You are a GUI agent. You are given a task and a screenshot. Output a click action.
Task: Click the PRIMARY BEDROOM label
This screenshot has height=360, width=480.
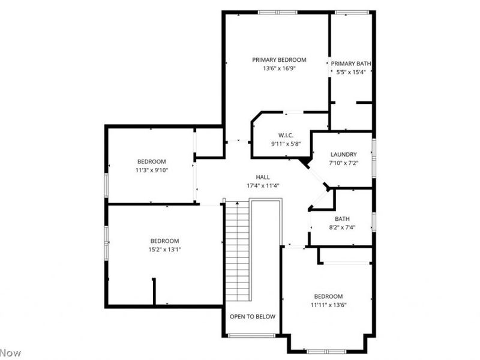(x=279, y=59)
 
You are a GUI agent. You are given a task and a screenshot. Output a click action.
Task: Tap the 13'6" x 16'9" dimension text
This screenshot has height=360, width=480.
(x=279, y=68)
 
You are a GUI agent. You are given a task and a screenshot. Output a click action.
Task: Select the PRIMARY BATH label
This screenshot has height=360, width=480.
(x=351, y=63)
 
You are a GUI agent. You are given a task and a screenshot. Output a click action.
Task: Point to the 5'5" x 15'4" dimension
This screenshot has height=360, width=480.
(x=351, y=72)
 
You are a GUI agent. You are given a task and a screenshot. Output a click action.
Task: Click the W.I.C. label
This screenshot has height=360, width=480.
(x=285, y=134)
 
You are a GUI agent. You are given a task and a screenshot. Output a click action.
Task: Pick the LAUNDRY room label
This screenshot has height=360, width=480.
(x=343, y=154)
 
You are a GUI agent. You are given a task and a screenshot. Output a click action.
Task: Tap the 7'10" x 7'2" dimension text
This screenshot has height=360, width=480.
(x=343, y=163)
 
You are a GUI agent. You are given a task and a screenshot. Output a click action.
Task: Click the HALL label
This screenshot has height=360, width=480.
(x=263, y=177)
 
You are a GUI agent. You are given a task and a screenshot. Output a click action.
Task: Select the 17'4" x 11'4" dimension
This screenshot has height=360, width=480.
(x=263, y=185)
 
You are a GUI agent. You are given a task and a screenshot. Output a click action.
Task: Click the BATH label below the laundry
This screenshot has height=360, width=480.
(x=343, y=219)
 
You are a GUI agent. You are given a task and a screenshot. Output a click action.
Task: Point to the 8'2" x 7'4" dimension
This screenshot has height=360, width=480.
(x=343, y=228)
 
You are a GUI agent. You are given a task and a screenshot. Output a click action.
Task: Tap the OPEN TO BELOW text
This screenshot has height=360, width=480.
(x=253, y=316)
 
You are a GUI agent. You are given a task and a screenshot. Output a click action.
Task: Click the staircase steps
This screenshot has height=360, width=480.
(x=237, y=252)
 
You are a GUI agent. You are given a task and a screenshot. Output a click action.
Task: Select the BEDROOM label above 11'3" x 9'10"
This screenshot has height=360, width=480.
(x=152, y=161)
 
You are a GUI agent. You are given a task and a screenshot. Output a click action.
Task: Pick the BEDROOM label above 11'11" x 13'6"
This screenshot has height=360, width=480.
(x=328, y=296)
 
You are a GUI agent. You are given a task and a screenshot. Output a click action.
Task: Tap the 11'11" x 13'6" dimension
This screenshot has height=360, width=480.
(x=328, y=305)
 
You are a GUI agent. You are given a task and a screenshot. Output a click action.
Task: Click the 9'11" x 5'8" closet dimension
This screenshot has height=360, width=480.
(x=285, y=143)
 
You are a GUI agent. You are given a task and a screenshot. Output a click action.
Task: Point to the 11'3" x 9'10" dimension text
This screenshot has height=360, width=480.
(x=152, y=170)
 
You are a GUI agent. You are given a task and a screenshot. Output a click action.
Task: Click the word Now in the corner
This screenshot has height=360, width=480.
(x=10, y=353)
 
